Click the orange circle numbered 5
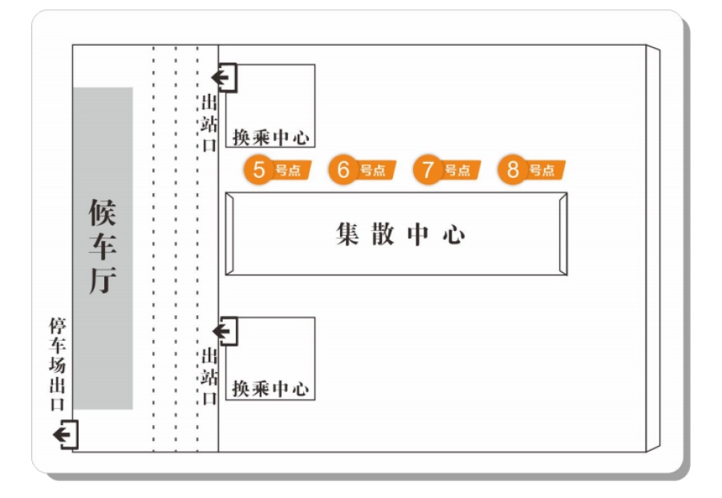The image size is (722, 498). pyautogui.click(x=259, y=169)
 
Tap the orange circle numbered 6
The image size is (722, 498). pyautogui.click(x=343, y=169)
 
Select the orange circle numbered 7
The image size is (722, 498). pyautogui.click(x=428, y=169)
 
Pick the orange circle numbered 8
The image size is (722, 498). pyautogui.click(x=513, y=169)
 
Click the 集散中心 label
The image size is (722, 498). pyautogui.click(x=400, y=234)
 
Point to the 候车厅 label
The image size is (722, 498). pyautogui.click(x=102, y=246)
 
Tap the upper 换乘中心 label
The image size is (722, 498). pyautogui.click(x=270, y=137)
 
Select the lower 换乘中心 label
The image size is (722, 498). pyautogui.click(x=270, y=389)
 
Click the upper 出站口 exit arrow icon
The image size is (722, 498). pyautogui.click(x=225, y=78)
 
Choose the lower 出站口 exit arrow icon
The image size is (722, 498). pyautogui.click(x=225, y=331)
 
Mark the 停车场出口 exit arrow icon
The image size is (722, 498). pyautogui.click(x=66, y=435)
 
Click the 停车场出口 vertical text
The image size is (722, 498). pyautogui.click(x=58, y=363)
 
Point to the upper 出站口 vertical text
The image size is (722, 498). pyautogui.click(x=209, y=123)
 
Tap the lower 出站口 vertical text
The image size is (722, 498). pyautogui.click(x=209, y=376)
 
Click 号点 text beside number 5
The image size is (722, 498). pyautogui.click(x=288, y=170)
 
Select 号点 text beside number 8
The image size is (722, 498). pyautogui.click(x=542, y=170)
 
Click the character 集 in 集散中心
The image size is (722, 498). pyautogui.click(x=347, y=234)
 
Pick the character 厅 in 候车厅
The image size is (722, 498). pyautogui.click(x=102, y=280)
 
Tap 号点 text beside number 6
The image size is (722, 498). pyautogui.click(x=373, y=170)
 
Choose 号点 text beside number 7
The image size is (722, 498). pyautogui.click(x=458, y=170)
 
